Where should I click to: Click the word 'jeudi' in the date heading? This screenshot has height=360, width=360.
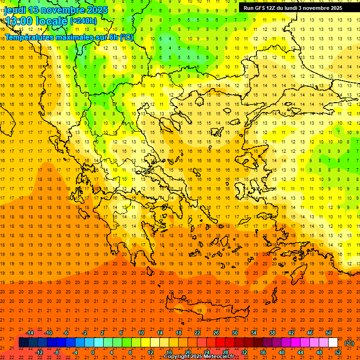coord(15,9)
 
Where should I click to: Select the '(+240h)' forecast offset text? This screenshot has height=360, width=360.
coord(83,21)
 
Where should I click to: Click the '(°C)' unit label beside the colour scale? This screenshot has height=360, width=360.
coord(349,343)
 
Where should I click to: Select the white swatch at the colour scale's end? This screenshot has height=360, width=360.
coord(333,343)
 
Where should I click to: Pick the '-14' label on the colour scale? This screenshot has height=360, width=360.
coord(30,333)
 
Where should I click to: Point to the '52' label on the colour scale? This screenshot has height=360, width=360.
coord(338,352)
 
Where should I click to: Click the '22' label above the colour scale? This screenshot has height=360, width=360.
coord(197,333)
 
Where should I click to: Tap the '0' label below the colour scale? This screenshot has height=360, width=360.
coord(93,352)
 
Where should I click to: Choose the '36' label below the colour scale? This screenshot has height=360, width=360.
coord(263,352)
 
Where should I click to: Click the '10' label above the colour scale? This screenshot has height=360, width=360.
coord(141,333)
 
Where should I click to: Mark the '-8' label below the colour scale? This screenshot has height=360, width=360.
coord(57,352)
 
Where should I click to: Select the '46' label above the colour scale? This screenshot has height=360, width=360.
coord(310,333)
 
